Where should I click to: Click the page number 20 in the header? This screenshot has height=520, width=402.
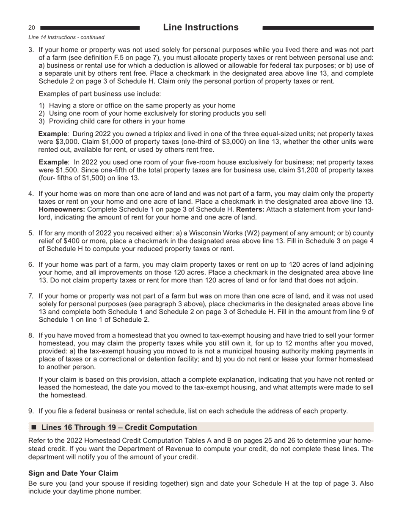click(x=32, y=28)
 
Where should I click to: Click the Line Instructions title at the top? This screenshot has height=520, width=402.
click(x=201, y=27)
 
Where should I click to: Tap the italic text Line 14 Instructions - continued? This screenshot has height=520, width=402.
click(x=66, y=38)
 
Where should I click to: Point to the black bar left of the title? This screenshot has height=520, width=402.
click(x=89, y=28)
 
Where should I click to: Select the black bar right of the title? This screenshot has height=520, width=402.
click(x=318, y=28)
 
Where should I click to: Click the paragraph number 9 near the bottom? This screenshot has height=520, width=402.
click(x=31, y=411)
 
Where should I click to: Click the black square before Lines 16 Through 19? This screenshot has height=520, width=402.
click(x=34, y=427)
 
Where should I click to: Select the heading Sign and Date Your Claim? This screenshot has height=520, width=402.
click(x=73, y=473)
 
